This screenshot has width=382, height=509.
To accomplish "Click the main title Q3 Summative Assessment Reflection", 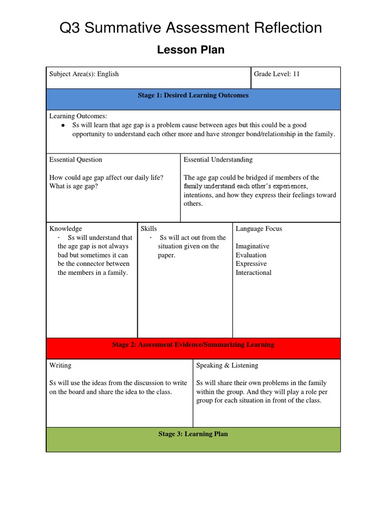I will [191, 28].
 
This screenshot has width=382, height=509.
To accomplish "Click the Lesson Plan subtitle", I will [191, 50].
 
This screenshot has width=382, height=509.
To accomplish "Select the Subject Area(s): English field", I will [84, 74].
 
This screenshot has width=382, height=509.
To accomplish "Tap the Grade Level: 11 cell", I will [277, 74].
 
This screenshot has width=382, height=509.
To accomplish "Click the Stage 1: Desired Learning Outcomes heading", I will [193, 95].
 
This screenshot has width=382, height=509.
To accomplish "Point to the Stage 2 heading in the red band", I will [193, 344].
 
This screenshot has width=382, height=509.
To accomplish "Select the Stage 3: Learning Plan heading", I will [193, 434].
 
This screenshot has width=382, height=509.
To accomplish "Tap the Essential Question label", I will [76, 160].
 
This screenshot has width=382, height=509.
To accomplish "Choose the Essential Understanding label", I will [218, 160].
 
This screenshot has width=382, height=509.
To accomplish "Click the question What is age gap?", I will [73, 186].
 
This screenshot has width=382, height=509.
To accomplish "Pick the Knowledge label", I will [66, 229].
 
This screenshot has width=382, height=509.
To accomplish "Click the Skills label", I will [149, 229].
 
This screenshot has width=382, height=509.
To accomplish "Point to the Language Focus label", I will [259, 229].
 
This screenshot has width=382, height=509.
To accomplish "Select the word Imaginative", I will [253, 246].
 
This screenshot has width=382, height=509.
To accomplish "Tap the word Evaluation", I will [251, 255].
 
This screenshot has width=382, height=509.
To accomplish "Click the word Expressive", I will [251, 264].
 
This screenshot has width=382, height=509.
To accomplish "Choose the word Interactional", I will [254, 273].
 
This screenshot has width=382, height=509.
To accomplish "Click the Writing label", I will [60, 365].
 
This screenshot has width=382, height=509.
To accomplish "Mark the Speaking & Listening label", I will [227, 365].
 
